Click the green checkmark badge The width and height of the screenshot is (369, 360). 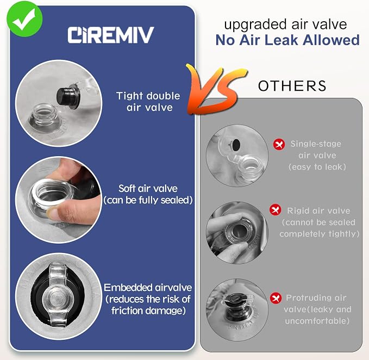tap(24, 19)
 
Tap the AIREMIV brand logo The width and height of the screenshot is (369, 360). tap(111, 35)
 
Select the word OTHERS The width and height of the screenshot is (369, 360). tap(292, 86)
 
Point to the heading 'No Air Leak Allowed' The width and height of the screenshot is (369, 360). tap(287, 40)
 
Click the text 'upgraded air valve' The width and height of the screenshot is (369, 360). tap(285, 24)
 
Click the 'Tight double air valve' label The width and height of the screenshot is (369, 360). tap(148, 102)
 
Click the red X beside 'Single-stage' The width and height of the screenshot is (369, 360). tap(279, 144)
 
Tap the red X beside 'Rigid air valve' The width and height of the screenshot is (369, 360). tap(276, 209)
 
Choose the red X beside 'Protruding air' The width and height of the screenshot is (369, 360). tap(276, 298)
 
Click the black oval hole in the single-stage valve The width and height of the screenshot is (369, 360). tap(235, 145)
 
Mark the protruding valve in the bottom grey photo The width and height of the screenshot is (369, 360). tap(237, 306)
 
